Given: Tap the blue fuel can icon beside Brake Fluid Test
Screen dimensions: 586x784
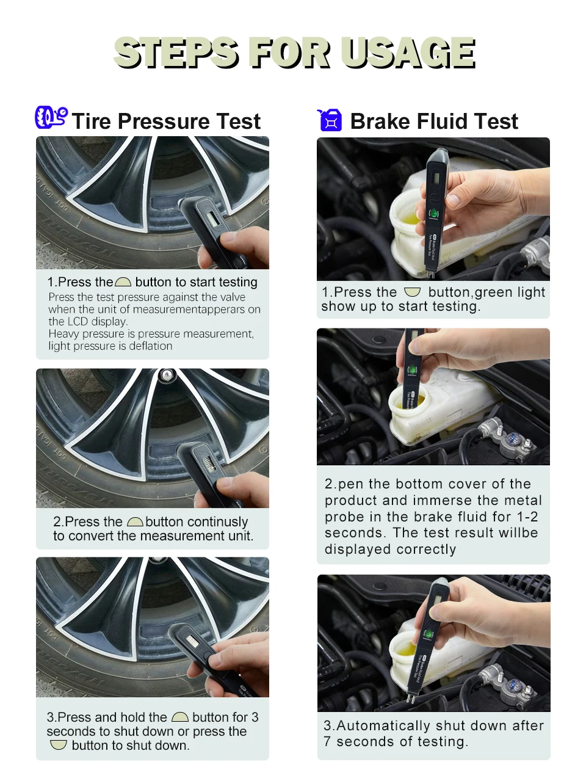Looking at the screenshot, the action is (x=330, y=120).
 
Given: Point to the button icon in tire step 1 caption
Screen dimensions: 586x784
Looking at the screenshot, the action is (x=123, y=282).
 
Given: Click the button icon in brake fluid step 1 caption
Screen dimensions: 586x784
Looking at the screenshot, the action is (x=412, y=292).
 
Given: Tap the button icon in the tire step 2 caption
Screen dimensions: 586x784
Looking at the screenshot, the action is (x=135, y=522).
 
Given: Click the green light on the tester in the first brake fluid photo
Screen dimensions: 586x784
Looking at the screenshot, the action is (x=434, y=213).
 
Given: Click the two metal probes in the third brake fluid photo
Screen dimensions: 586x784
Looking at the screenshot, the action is (x=411, y=697).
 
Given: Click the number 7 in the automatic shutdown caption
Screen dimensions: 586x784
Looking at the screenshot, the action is (x=327, y=741).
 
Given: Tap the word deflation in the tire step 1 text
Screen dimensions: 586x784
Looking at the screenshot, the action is (x=150, y=346).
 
